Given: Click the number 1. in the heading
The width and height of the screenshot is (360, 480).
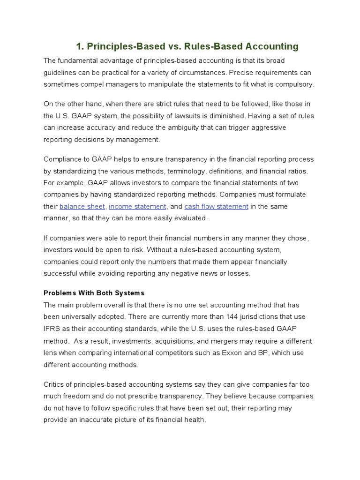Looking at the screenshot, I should (80, 46).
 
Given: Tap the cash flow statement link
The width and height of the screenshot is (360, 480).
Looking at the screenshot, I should (216, 207).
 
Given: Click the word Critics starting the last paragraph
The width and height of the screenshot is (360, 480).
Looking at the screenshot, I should (55, 384).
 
